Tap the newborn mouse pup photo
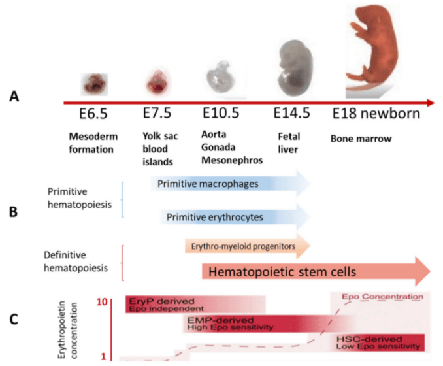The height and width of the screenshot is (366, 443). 375,49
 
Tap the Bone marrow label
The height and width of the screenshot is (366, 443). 357,139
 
